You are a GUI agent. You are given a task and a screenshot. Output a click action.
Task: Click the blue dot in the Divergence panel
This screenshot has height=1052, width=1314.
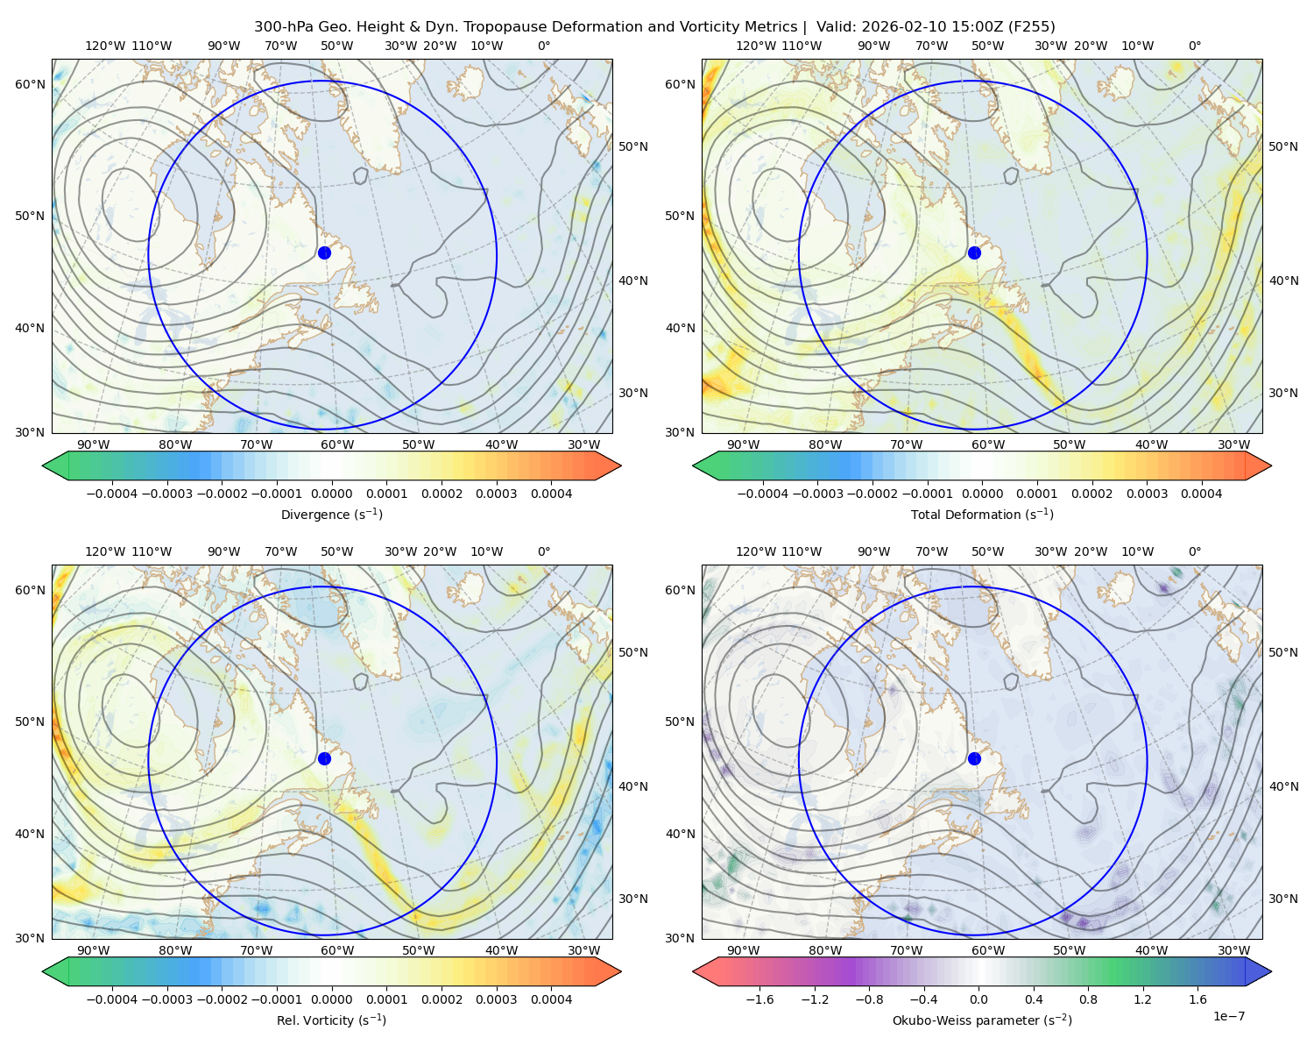coord(324,252)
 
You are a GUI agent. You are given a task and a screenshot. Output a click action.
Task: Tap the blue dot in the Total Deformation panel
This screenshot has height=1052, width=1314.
coord(974,252)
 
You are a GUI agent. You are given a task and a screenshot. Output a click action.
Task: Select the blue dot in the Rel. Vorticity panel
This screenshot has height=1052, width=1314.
coord(324,758)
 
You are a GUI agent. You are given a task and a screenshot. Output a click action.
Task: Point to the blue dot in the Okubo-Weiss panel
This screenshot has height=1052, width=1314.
coord(974,758)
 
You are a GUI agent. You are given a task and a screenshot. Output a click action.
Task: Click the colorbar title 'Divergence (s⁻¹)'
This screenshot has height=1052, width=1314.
coord(331,514)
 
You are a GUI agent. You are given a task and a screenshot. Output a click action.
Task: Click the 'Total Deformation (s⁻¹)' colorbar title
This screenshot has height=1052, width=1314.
coord(982,514)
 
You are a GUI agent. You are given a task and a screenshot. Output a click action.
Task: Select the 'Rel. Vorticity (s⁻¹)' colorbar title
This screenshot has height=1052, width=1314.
coord(331,1020)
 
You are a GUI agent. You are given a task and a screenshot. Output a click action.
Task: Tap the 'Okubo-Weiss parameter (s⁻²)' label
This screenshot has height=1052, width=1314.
coord(982,1020)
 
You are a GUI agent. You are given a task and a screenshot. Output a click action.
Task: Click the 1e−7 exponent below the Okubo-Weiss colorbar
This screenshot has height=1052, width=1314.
coord(1228,1016)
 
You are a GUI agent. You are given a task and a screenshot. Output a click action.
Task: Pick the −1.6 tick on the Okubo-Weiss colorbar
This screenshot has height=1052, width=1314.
coord(759,999)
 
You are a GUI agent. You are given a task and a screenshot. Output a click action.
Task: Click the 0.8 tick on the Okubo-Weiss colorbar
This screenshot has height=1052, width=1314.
coord(1088,999)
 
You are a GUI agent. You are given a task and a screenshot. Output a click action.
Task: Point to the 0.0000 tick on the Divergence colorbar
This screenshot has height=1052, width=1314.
coord(331,494)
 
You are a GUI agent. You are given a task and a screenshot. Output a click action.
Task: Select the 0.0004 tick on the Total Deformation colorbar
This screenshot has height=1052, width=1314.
coord(1201,494)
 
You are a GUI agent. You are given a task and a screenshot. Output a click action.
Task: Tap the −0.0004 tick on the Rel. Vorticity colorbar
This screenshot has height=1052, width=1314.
coord(112,999)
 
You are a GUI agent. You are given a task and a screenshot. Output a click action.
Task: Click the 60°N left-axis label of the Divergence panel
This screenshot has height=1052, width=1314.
coord(30,84)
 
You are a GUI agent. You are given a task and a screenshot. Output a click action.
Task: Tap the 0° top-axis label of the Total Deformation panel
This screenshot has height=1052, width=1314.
coord(1194,46)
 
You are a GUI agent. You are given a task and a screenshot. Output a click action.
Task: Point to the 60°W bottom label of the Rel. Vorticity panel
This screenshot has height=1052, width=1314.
coord(337,950)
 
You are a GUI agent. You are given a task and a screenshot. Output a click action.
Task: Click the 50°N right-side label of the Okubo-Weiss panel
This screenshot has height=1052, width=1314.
coord(1282,651)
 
